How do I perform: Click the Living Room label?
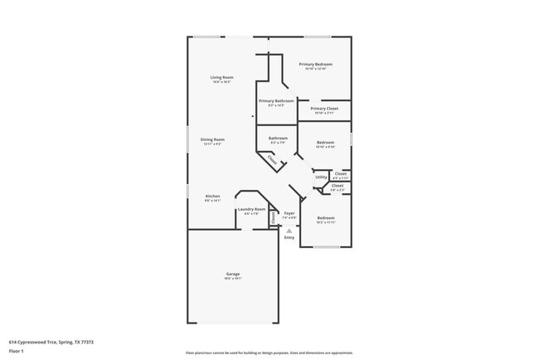click(x=221, y=77)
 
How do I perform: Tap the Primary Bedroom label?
click(x=316, y=64)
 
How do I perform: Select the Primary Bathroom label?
click(x=276, y=101)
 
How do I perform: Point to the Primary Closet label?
click(x=324, y=109)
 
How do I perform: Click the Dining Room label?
click(x=212, y=139)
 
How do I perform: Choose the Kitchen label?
click(x=212, y=196)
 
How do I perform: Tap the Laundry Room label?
click(x=251, y=209)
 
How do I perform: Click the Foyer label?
click(x=289, y=213)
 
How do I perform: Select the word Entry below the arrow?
click(x=289, y=238)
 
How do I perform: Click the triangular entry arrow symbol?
click(x=289, y=230)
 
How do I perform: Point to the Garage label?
click(x=233, y=274)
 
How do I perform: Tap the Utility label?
click(x=320, y=177)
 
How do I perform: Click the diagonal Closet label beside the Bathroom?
click(x=273, y=162)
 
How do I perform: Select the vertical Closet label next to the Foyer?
click(x=273, y=217)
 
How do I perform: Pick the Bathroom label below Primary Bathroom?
click(x=278, y=138)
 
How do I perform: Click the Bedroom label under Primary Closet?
click(x=326, y=143)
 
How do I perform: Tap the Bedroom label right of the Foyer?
click(x=326, y=217)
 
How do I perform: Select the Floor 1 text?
click(x=17, y=351)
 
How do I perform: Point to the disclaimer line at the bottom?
click(x=269, y=353)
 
